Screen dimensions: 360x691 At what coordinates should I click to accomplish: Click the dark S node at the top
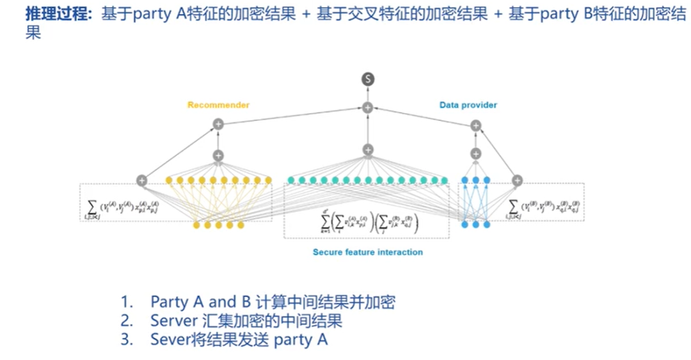click(367, 79)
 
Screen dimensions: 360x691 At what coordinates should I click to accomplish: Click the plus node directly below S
click(367, 108)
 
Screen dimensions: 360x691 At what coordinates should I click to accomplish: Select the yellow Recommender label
click(218, 105)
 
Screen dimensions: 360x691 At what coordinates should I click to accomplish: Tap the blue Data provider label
click(468, 105)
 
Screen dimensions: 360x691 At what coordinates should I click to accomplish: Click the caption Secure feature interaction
click(367, 252)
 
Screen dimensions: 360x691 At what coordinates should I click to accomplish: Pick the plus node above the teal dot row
click(367, 150)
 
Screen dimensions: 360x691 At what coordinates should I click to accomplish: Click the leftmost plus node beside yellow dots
click(141, 180)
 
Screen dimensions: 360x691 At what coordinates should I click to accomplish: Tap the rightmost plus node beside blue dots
click(517, 180)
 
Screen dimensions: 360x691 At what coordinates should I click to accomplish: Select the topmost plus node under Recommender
click(218, 123)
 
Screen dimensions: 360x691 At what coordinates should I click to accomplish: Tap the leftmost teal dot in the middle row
click(291, 180)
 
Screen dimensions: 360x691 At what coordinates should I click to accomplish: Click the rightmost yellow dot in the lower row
click(241, 225)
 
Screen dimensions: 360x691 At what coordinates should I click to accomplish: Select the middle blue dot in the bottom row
click(475, 224)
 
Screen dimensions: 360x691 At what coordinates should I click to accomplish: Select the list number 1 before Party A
click(125, 301)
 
